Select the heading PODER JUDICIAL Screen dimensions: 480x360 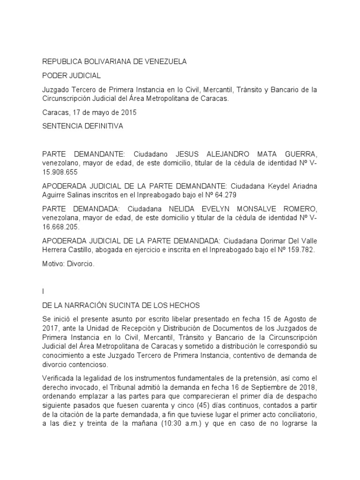71,75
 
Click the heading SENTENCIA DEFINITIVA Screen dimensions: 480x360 83,126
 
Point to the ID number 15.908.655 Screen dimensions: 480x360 60,172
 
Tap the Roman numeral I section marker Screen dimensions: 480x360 43,292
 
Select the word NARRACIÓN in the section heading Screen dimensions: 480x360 97,305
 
